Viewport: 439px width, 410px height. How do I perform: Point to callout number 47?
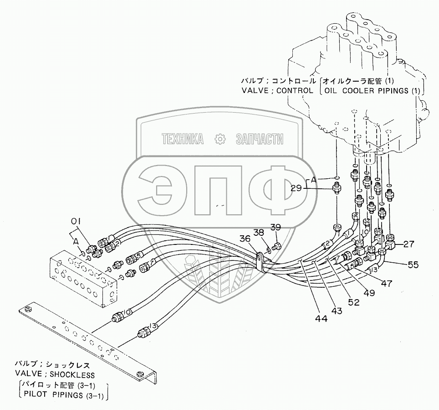click(x=386, y=283)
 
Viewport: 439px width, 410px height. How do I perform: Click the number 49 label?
click(x=369, y=293)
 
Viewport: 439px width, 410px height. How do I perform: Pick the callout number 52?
click(x=354, y=301)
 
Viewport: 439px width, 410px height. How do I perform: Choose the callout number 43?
click(x=337, y=311)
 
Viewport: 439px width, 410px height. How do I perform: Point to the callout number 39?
click(x=276, y=227)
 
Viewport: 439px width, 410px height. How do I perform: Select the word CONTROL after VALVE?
click(x=293, y=90)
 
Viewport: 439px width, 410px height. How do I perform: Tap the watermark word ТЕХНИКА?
click(x=183, y=140)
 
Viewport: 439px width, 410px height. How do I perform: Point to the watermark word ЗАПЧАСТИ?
click(x=259, y=140)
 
